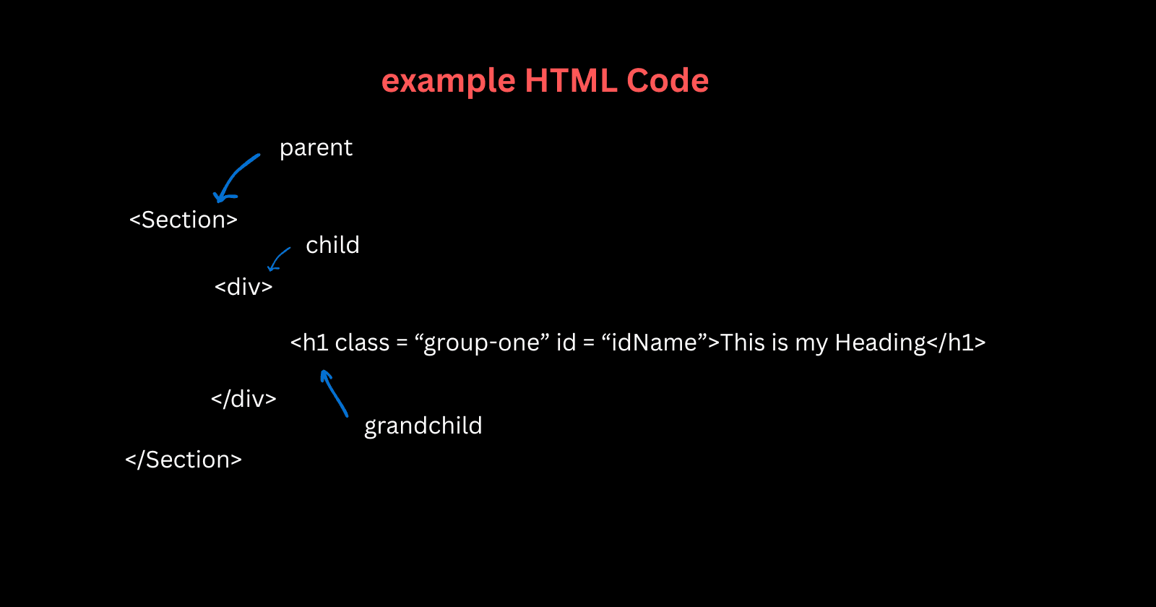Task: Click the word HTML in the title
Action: tap(571, 80)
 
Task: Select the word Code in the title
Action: tap(668, 80)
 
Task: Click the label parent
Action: tap(316, 148)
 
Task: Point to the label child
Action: tap(332, 245)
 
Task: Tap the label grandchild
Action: tap(423, 426)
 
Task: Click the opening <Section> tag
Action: tap(184, 220)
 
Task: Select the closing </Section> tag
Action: tap(184, 460)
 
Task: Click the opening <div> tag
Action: tap(243, 287)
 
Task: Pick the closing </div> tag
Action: tap(243, 399)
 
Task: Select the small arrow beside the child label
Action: tap(278, 259)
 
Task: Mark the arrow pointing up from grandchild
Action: tap(333, 392)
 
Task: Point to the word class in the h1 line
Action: tap(362, 343)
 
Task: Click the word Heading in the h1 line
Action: tap(880, 343)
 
